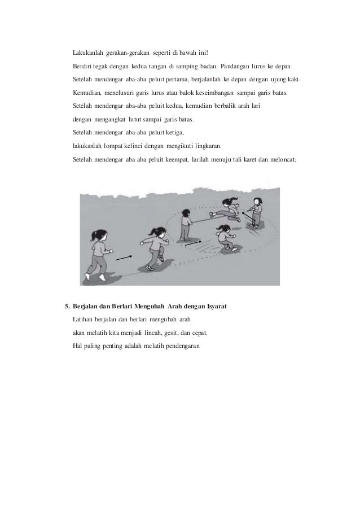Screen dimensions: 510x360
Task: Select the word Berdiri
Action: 83,67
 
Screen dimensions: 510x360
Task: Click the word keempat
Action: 179,159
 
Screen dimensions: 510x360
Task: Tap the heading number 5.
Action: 67,307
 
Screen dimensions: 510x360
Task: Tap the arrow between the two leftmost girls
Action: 124,257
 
